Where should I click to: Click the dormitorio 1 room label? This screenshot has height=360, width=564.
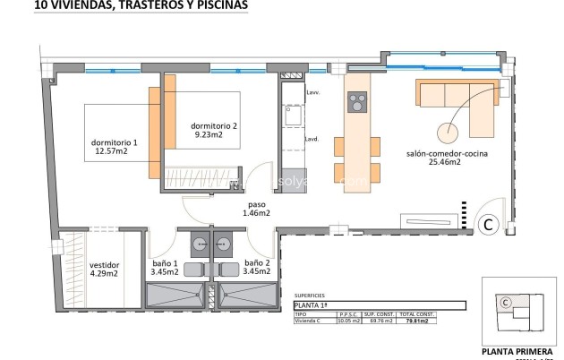point(115,148)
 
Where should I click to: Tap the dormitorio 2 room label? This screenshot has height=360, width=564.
point(215,131)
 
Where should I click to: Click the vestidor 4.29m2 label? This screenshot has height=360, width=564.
point(104,270)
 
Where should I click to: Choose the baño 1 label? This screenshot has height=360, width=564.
point(165,267)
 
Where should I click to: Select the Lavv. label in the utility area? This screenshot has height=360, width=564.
point(313,93)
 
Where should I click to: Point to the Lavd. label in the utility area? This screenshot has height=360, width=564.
point(312,139)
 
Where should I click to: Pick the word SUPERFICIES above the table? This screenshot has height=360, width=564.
point(311,294)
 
